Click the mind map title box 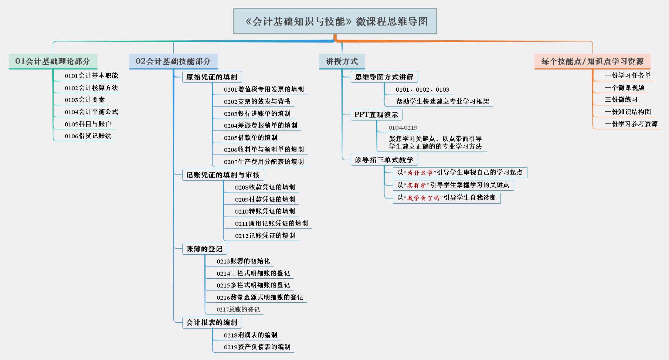(x=335, y=21)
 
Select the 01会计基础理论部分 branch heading (x=53, y=61)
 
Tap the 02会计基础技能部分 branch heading (x=173, y=61)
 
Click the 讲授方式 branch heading (x=342, y=61)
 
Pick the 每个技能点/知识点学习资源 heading (x=592, y=61)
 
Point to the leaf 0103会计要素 (x=85, y=100)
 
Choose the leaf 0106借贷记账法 (x=88, y=136)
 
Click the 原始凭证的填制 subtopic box (x=212, y=77)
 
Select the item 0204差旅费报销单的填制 (x=261, y=126)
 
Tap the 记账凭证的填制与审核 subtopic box (x=223, y=175)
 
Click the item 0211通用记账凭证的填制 (x=271, y=224)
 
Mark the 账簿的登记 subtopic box (x=204, y=249)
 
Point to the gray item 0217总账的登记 (x=238, y=309)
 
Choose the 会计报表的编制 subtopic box (x=212, y=323)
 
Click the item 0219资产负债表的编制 (x=257, y=347)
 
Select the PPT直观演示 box (x=376, y=115)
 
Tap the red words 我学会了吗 (x=423, y=198)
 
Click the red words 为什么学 (x=420, y=173)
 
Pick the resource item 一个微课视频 (x=625, y=88)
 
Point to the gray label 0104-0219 (x=403, y=128)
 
